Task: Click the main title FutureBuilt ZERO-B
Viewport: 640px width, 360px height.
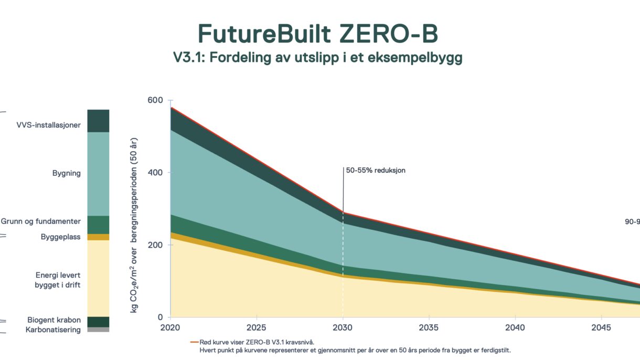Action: (x=318, y=34)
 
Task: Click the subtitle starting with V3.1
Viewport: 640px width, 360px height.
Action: (x=318, y=58)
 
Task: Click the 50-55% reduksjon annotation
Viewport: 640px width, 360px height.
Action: (x=376, y=171)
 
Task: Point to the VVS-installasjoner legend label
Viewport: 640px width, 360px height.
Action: (x=48, y=125)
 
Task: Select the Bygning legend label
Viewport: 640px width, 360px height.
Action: (x=66, y=173)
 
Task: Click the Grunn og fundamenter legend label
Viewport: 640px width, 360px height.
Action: (x=41, y=221)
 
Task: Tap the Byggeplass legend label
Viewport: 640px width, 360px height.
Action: (x=61, y=237)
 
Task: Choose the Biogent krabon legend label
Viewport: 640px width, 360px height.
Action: (x=54, y=320)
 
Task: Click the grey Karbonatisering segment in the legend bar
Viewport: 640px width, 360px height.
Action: (x=98, y=330)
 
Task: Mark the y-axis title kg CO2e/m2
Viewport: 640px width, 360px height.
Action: (x=134, y=226)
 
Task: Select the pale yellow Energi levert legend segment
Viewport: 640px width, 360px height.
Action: (x=98, y=278)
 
